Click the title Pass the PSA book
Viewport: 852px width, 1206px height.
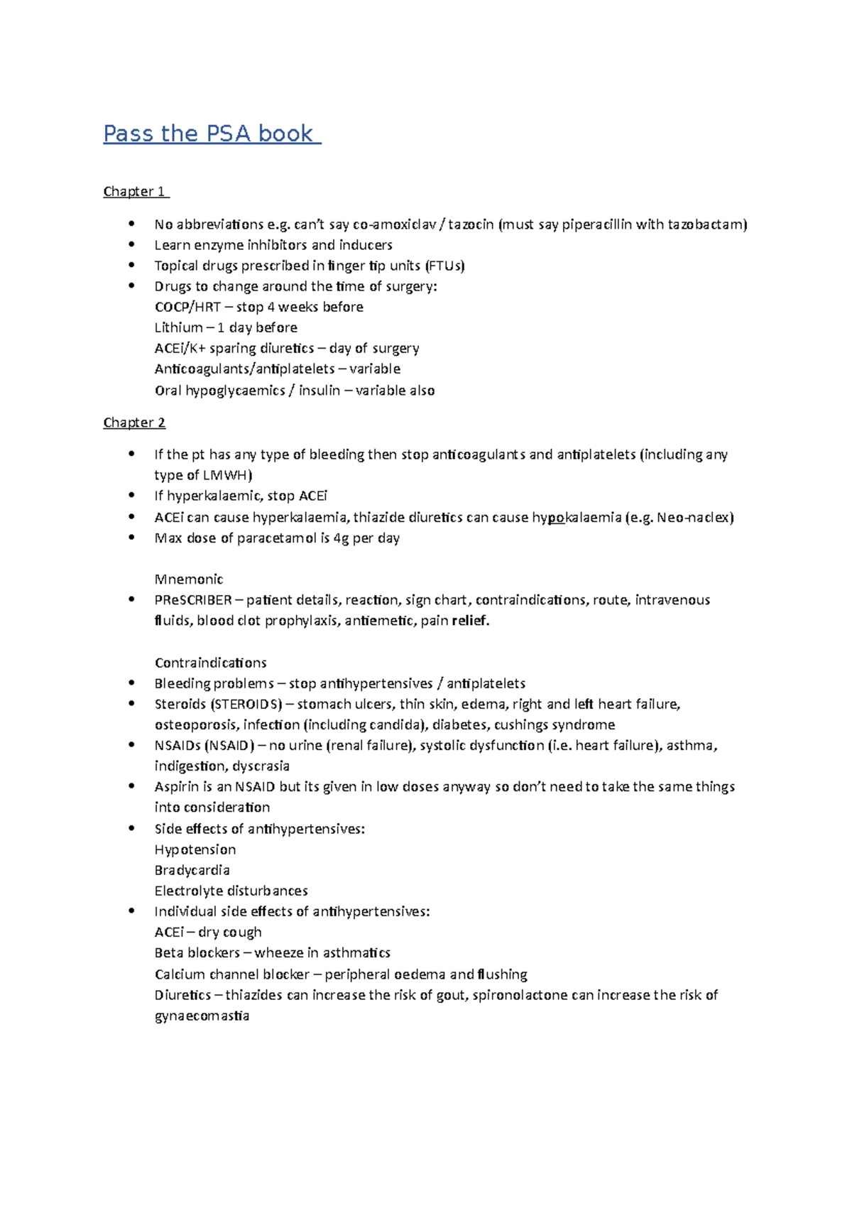pyautogui.click(x=211, y=134)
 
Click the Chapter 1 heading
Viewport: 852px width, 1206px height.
pyautogui.click(x=135, y=192)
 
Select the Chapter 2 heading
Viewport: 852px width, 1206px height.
pyautogui.click(x=134, y=423)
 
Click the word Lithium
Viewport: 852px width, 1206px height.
pyautogui.click(x=178, y=327)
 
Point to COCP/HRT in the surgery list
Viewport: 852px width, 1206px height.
pyautogui.click(x=187, y=307)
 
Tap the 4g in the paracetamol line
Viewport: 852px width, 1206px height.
pyautogui.click(x=341, y=538)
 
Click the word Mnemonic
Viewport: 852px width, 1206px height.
pyautogui.click(x=189, y=579)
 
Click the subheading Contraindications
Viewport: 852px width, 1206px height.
pyautogui.click(x=210, y=663)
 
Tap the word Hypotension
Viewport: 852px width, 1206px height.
pyautogui.click(x=195, y=849)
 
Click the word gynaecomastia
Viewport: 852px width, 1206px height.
pyautogui.click(x=202, y=1016)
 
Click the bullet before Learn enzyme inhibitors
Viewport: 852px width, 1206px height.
pyautogui.click(x=131, y=244)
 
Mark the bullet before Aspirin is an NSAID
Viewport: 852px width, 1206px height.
pyautogui.click(x=131, y=786)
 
